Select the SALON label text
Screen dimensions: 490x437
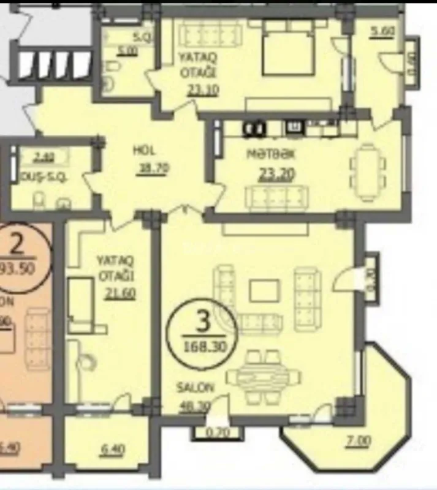[196, 387]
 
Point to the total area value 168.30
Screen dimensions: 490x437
[201, 344]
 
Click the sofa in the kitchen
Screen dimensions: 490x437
[275, 197]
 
